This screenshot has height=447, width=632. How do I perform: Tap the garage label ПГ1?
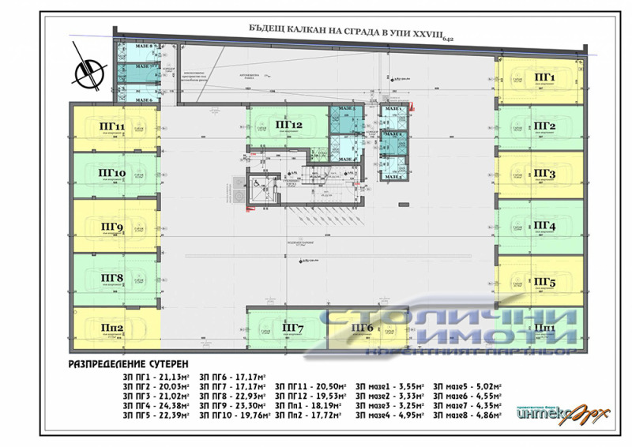point(545,77)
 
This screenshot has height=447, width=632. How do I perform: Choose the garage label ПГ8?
point(111,277)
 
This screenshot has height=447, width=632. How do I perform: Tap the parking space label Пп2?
point(111,329)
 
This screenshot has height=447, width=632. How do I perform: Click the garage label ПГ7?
point(292,328)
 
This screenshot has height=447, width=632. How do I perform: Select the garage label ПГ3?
point(545,174)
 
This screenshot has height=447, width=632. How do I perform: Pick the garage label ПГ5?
point(545,282)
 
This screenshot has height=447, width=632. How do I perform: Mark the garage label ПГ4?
point(545,227)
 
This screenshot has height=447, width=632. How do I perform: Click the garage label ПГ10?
point(111,174)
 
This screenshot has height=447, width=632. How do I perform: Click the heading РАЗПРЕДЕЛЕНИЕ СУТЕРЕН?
point(130,366)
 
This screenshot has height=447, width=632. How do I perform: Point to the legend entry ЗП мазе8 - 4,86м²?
point(469,414)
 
